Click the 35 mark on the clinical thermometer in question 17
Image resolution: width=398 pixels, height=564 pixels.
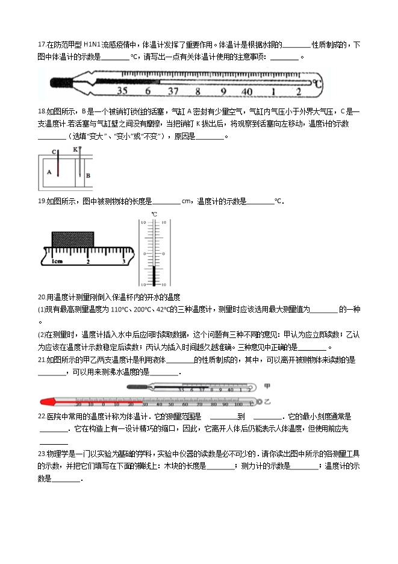122,92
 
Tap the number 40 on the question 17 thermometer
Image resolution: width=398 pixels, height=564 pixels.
247,92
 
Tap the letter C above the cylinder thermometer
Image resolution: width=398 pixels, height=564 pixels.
54,151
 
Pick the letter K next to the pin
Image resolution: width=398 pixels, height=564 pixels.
75,149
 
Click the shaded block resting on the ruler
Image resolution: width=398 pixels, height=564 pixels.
74,238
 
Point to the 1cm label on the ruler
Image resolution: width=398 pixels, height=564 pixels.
57,262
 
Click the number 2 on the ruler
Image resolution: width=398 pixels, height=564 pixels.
89,262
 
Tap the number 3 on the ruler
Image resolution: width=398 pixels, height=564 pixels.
124,262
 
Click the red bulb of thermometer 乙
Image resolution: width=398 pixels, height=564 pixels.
45,401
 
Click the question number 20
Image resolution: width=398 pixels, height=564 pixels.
41,296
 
